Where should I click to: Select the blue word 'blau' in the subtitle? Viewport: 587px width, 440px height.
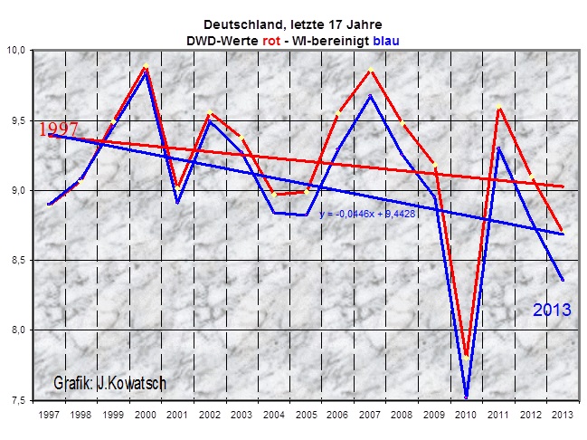pyautogui.click(x=386, y=41)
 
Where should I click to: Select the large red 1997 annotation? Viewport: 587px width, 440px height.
pyautogui.click(x=60, y=129)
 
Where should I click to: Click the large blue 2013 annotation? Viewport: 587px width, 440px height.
pyautogui.click(x=551, y=310)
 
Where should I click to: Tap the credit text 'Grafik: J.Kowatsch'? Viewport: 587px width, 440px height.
pyautogui.click(x=109, y=383)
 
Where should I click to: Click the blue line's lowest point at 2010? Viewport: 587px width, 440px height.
pyautogui.click(x=467, y=397)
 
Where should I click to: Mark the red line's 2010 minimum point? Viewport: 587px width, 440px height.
pyautogui.click(x=467, y=355)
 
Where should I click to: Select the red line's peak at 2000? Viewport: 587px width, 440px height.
pyautogui.click(x=145, y=66)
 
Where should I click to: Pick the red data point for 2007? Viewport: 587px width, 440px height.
pyautogui.click(x=370, y=70)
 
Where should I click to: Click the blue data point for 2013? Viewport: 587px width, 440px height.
pyautogui.click(x=563, y=279)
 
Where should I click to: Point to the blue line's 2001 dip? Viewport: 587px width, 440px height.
pyautogui.click(x=177, y=202)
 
